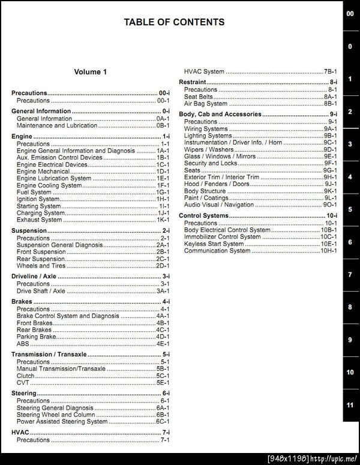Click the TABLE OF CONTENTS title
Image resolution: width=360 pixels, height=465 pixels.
click(174, 22)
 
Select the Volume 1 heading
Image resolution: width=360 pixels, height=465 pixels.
click(91, 72)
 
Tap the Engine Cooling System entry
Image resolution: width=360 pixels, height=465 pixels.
click(49, 185)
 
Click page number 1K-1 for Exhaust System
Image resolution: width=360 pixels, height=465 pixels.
click(163, 220)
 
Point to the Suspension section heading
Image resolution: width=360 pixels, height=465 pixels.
click(29, 230)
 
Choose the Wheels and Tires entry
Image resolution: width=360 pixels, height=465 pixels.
click(41, 266)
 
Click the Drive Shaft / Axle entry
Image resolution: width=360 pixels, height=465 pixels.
click(41, 291)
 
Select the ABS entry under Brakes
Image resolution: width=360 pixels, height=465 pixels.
click(23, 344)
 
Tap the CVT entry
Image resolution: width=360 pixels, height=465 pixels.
click(23, 383)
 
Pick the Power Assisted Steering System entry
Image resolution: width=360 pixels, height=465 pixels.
click(62, 422)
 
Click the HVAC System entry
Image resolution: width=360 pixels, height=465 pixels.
click(204, 72)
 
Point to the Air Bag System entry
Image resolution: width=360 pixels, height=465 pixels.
click(206, 104)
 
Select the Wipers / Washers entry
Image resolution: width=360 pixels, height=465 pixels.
click(209, 149)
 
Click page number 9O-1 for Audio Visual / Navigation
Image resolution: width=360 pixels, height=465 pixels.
click(331, 205)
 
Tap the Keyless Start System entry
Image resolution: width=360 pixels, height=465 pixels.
click(214, 244)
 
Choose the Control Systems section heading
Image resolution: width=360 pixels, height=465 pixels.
click(203, 215)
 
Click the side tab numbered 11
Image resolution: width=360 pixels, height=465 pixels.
click(350, 405)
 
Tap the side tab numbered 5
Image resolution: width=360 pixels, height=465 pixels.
click(350, 210)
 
